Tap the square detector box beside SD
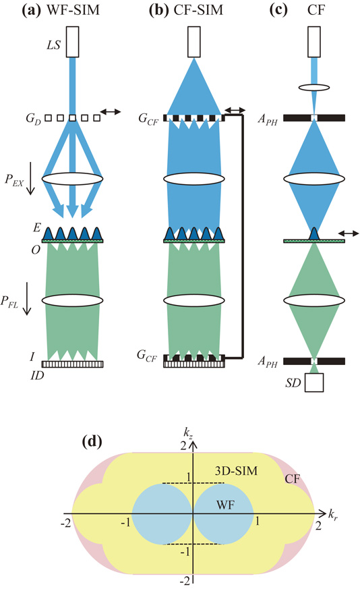click(x=313, y=383)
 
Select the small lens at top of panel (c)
click(x=314, y=87)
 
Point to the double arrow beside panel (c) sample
click(x=348, y=233)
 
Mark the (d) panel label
click(x=91, y=443)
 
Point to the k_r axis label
click(x=333, y=515)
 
